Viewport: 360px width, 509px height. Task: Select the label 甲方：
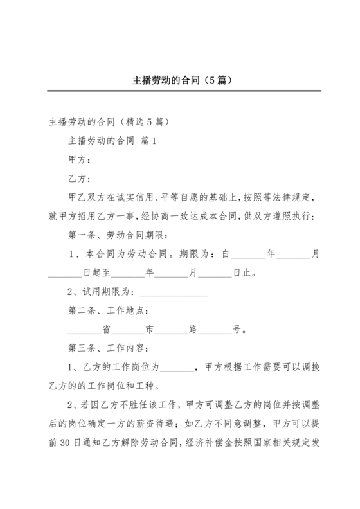tap(79, 159)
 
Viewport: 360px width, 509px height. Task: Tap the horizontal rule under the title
tap(179, 91)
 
